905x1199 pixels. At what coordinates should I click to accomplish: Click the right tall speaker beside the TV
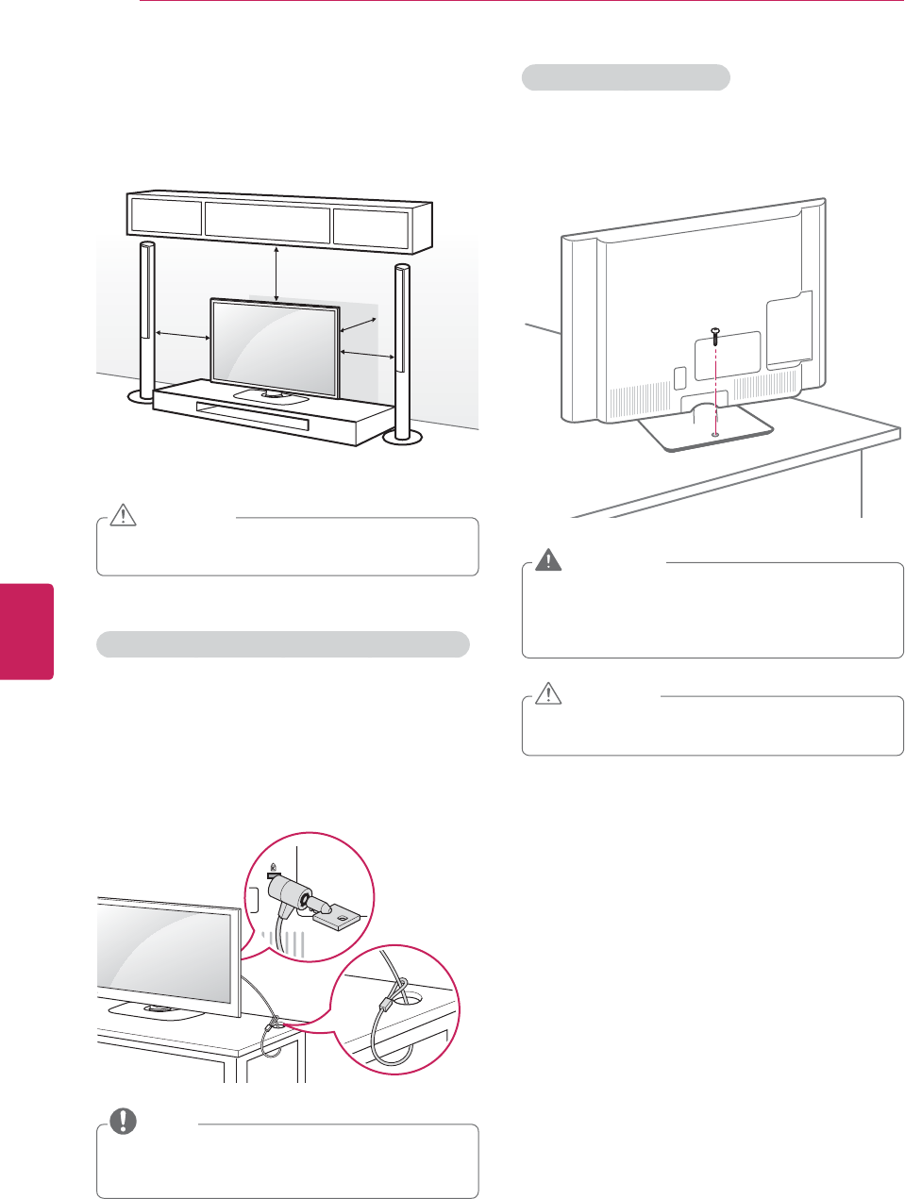point(402,349)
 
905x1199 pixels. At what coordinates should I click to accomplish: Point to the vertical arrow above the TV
point(276,274)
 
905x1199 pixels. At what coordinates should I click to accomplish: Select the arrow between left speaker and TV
point(183,335)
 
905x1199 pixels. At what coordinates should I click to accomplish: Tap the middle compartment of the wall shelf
point(268,224)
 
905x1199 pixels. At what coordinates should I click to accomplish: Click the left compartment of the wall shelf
point(166,216)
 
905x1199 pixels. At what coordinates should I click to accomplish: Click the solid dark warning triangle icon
point(547,561)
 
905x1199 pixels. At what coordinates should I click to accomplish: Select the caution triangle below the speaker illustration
point(124,515)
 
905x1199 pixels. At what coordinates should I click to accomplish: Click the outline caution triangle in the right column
point(547,694)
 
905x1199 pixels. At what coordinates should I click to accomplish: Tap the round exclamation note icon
point(124,1121)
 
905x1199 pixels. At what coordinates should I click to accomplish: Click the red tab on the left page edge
point(26,631)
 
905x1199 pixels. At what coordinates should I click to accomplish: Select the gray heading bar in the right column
point(626,77)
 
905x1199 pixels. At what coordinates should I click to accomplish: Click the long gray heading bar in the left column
point(283,644)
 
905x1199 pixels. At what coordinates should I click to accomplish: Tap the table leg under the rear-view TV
point(863,483)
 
